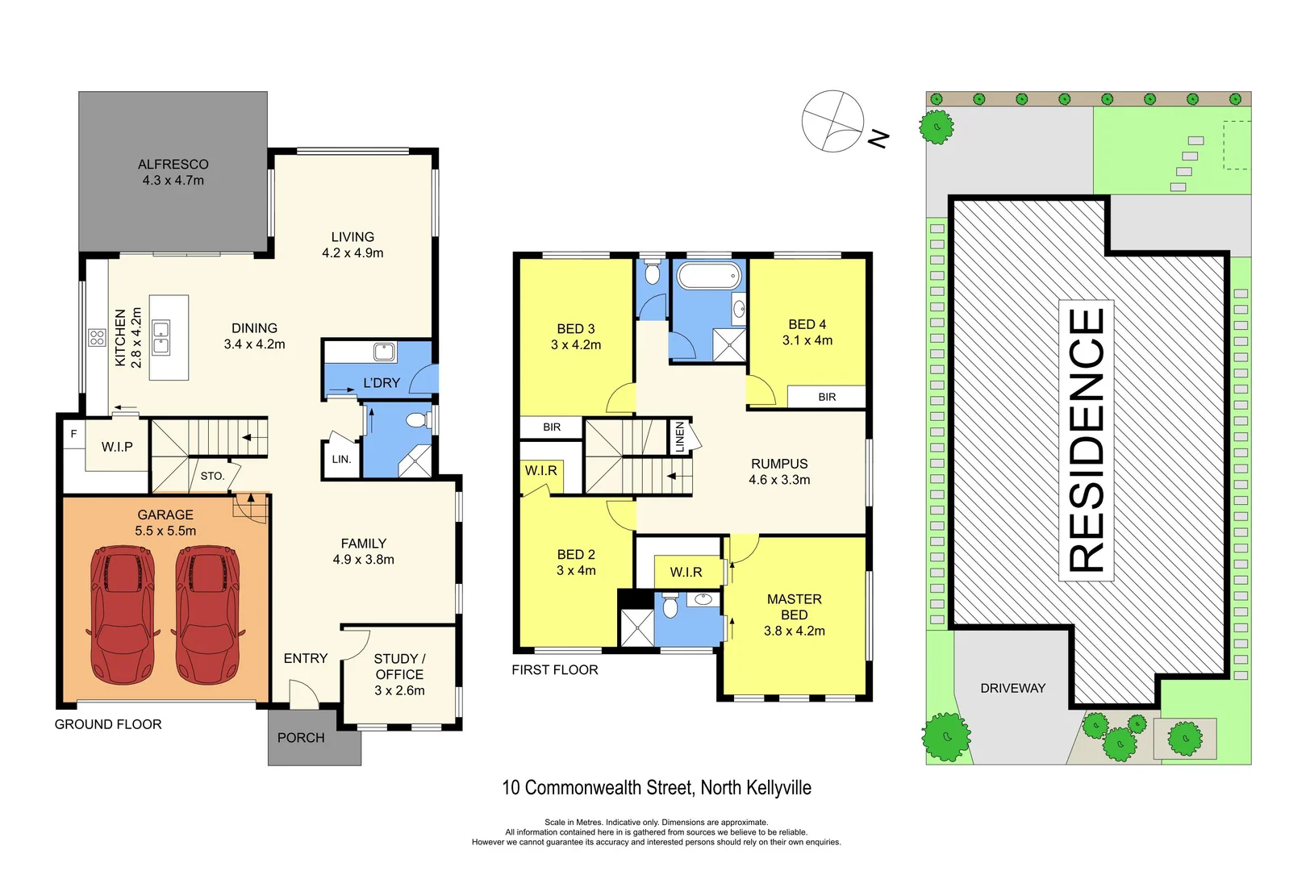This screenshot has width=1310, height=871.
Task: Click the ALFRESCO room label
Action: click(173, 172)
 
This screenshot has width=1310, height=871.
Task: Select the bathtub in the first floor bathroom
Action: click(709, 276)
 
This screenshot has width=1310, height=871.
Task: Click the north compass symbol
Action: click(833, 122)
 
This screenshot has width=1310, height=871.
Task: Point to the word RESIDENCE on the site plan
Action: click(1086, 440)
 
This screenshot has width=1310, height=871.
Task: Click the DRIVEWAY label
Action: click(1012, 688)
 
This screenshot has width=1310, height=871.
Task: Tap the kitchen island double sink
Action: click(161, 338)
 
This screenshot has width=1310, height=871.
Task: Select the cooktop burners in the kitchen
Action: click(97, 337)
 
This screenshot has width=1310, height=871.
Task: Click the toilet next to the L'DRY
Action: click(416, 420)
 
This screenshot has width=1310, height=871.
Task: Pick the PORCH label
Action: click(301, 738)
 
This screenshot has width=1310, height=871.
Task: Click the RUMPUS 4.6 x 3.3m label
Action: click(779, 472)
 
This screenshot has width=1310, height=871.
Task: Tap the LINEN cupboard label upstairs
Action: click(680, 436)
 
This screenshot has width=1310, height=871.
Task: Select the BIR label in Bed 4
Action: click(827, 397)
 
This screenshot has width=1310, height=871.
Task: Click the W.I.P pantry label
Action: click(117, 447)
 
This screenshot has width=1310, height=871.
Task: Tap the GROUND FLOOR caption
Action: click(108, 724)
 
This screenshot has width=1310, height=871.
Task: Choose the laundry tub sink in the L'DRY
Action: click(384, 352)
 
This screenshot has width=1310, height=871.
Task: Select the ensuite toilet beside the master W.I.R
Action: click(670, 606)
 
